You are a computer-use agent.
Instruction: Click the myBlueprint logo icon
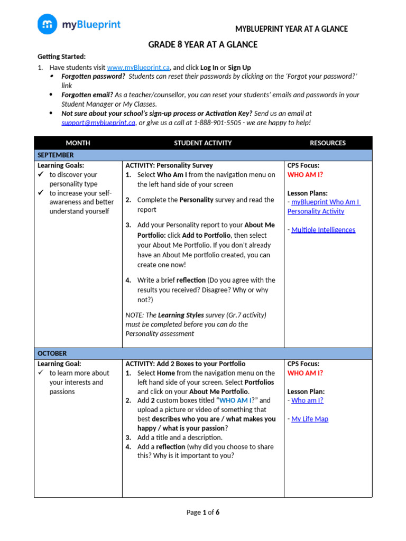click(48, 24)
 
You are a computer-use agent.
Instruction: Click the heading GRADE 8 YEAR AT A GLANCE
click(202, 44)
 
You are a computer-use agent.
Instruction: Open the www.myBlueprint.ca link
click(138, 68)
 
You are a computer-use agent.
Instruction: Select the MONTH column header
click(78, 143)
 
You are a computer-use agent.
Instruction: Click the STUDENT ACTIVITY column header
click(202, 143)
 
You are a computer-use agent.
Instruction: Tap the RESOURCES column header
click(327, 143)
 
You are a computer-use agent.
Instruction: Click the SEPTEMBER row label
click(56, 155)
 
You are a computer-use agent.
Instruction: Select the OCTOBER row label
click(52, 353)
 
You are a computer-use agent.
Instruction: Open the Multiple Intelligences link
click(323, 230)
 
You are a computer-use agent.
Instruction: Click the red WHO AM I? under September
click(305, 174)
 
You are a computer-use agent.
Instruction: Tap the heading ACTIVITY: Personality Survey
click(169, 165)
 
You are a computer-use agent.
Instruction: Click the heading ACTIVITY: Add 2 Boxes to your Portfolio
click(185, 363)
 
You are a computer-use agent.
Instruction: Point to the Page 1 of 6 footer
click(203, 512)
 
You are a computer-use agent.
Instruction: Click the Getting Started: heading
click(61, 57)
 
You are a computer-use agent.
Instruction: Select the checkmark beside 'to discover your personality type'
click(40, 175)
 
